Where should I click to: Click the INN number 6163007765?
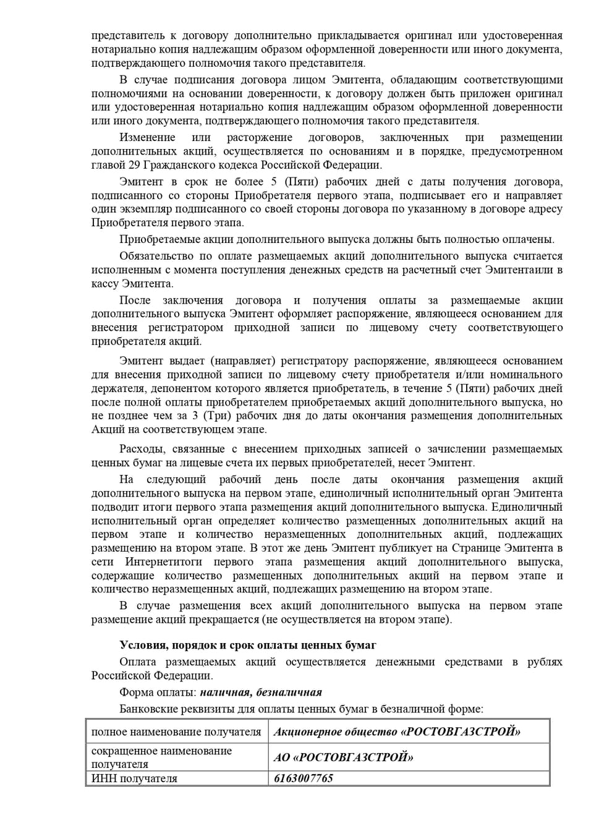(x=304, y=778)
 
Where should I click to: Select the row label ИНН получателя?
(x=134, y=778)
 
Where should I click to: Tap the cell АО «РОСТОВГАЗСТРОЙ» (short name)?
(x=343, y=757)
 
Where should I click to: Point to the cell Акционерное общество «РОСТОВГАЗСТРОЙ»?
(x=397, y=732)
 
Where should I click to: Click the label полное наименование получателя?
(x=176, y=732)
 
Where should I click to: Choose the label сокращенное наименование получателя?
(x=161, y=757)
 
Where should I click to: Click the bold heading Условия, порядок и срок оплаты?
(x=248, y=645)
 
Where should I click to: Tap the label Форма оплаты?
(x=158, y=692)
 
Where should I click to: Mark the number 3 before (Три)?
(x=195, y=416)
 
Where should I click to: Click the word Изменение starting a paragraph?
(x=147, y=137)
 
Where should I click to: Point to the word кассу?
(x=105, y=283)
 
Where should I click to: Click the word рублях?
(x=545, y=662)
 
